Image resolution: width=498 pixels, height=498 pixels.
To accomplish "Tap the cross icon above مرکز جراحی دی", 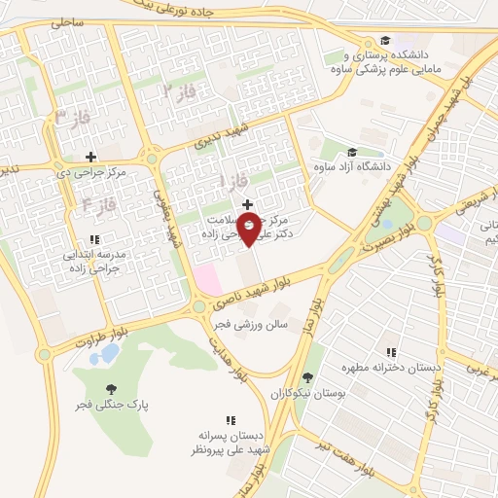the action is (x=90, y=157).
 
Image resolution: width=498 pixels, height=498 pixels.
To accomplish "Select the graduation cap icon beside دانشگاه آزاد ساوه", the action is (x=351, y=152).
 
